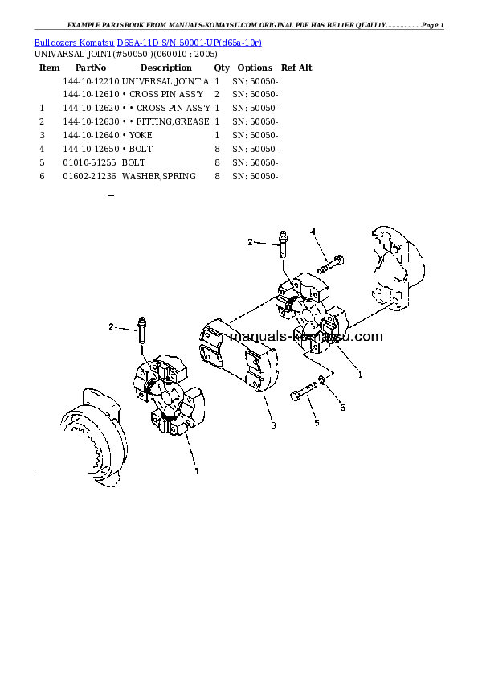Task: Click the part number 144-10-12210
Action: pos(91,82)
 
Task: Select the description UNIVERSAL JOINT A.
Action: pos(166,82)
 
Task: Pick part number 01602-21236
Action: pos(91,175)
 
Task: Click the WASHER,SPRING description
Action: pos(159,175)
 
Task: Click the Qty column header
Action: pos(222,68)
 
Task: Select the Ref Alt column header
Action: pos(296,68)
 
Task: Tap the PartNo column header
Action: pos(91,68)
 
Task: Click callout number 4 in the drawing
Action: pos(313,232)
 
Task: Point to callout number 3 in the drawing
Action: pos(273,425)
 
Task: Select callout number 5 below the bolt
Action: pos(316,422)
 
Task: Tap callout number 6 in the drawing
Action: pos(342,408)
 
